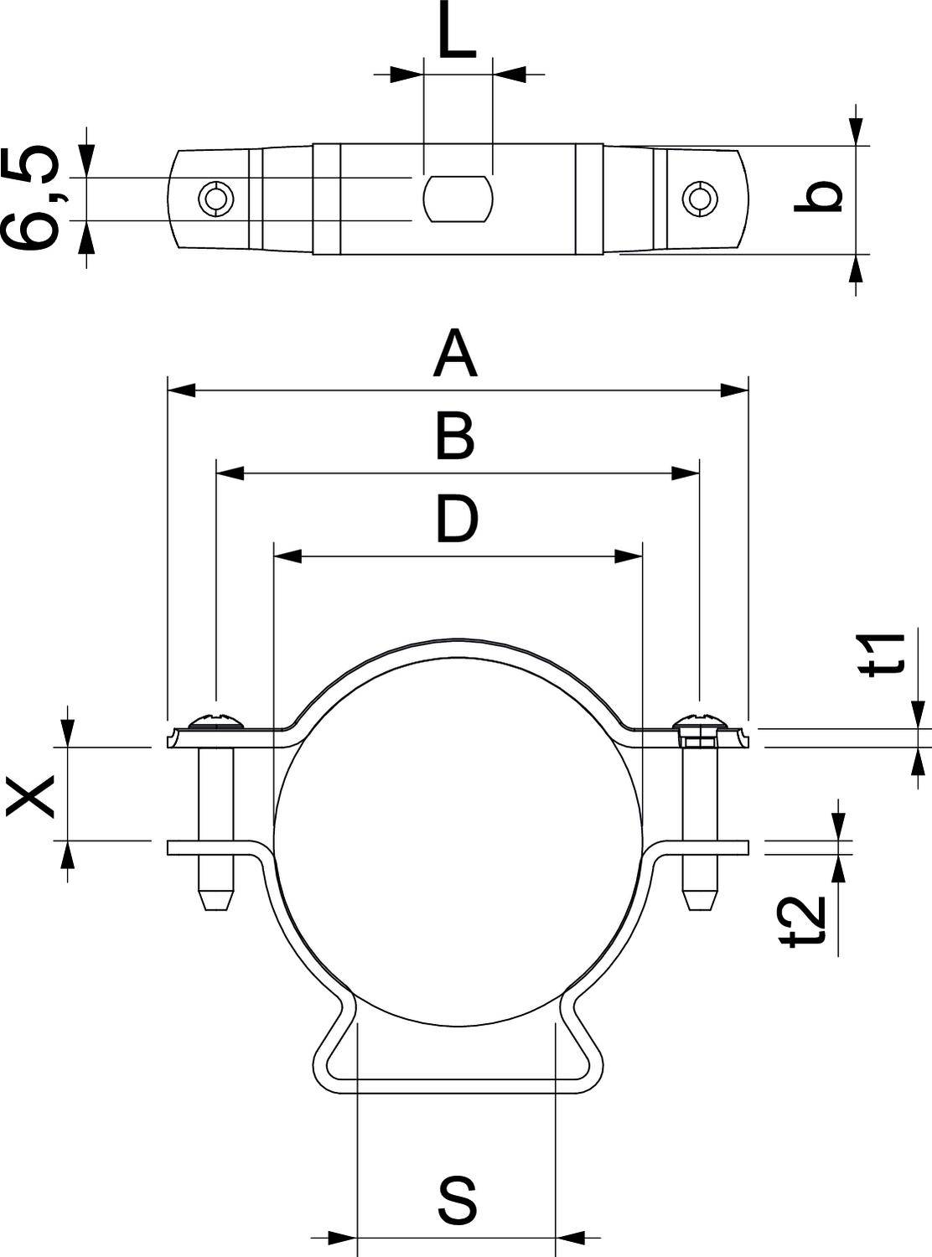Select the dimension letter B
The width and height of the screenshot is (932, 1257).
455,436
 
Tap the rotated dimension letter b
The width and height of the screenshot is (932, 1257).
818,196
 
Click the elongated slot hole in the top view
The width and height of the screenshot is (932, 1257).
458,199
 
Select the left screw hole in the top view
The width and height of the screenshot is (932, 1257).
217,199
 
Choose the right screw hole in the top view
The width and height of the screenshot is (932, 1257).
699,199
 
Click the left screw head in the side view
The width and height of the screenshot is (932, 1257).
216,720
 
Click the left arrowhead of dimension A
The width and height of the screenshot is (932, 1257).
181,390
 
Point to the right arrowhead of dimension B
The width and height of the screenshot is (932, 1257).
686,473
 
